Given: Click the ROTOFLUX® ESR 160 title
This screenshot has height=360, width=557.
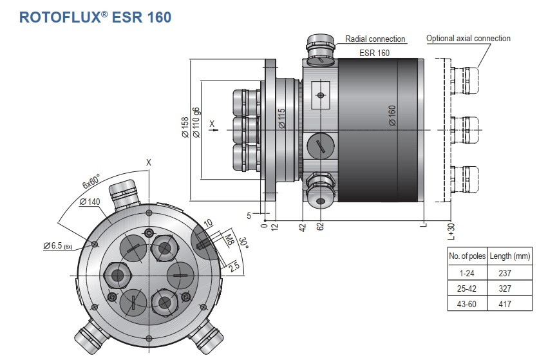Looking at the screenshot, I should click(x=95, y=17).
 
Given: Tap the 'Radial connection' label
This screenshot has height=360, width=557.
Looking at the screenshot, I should click(x=375, y=39).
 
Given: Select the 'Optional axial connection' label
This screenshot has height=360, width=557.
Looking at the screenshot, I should click(x=468, y=39).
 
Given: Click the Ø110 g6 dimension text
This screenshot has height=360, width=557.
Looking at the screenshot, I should click(x=196, y=122).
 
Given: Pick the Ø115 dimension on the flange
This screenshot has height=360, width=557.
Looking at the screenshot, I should click(x=282, y=119).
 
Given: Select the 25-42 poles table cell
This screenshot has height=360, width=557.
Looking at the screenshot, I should click(x=467, y=289).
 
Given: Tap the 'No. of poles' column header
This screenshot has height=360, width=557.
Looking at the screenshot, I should click(x=467, y=256).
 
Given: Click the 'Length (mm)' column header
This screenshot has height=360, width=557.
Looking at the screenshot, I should click(x=509, y=256).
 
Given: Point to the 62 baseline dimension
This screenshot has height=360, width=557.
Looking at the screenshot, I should click(x=320, y=227).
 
